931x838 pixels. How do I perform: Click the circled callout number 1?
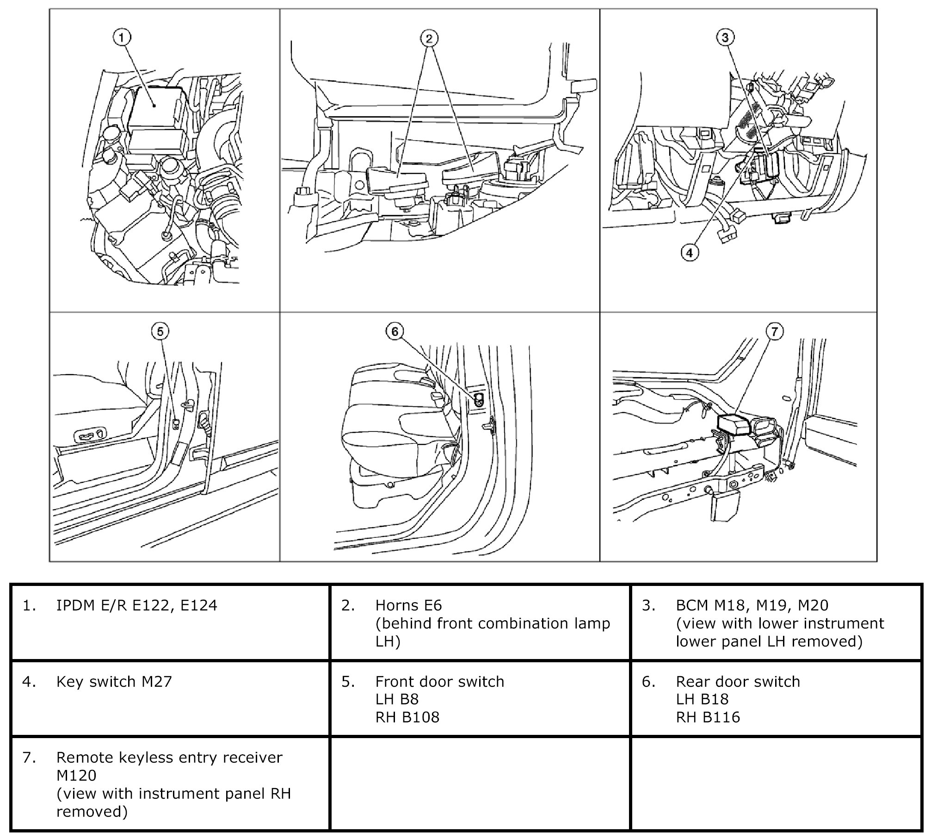point(122,37)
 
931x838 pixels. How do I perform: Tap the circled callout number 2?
point(429,38)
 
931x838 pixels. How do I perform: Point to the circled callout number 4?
point(690,253)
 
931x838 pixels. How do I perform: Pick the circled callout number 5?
point(160,331)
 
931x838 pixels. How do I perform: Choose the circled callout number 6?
point(395,331)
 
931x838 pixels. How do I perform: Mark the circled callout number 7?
point(775,331)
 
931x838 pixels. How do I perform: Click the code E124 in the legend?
point(198,605)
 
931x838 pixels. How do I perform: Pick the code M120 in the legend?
point(76,775)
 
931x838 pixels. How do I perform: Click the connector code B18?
point(712,699)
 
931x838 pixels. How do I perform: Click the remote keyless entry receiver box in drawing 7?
point(734,424)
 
